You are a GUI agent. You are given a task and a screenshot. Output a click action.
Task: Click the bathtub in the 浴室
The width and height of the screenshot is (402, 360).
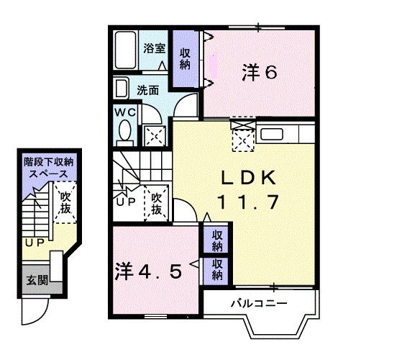(x=125, y=50)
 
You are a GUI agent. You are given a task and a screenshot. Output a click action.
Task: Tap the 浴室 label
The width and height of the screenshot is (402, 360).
(x=155, y=48)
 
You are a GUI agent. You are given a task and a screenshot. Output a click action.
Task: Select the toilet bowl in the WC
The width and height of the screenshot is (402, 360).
(x=125, y=130)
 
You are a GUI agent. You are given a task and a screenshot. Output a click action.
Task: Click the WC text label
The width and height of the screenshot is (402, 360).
(x=125, y=112)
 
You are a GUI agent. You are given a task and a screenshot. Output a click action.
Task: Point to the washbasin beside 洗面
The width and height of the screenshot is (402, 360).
(x=121, y=89)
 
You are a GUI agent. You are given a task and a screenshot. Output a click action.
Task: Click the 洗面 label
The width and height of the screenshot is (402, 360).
(x=147, y=90)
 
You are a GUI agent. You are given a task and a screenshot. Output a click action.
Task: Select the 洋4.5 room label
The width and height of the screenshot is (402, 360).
(x=149, y=271)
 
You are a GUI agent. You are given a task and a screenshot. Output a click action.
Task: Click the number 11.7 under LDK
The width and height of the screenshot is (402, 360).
(x=248, y=202)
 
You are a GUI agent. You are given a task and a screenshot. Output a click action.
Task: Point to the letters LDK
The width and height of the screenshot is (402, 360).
(x=248, y=178)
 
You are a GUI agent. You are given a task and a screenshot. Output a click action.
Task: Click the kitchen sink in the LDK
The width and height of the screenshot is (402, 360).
(x=272, y=135)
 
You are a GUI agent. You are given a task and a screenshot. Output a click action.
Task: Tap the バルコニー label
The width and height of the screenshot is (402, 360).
(x=259, y=304)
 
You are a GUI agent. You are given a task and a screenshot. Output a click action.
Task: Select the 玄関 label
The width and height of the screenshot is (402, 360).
(x=37, y=281)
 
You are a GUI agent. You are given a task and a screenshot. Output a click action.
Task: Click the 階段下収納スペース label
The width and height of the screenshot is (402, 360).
(x=49, y=168)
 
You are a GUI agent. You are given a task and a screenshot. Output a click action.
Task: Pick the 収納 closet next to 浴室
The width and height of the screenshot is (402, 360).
(x=185, y=59)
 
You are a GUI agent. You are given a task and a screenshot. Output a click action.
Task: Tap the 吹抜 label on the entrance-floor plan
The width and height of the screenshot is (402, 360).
(x=65, y=203)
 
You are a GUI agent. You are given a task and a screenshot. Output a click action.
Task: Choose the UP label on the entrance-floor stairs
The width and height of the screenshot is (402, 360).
(x=35, y=243)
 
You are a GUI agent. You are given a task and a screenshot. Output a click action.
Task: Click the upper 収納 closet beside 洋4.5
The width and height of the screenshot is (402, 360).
(x=216, y=240)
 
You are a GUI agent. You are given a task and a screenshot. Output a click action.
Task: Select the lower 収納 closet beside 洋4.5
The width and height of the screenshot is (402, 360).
(x=216, y=271)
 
